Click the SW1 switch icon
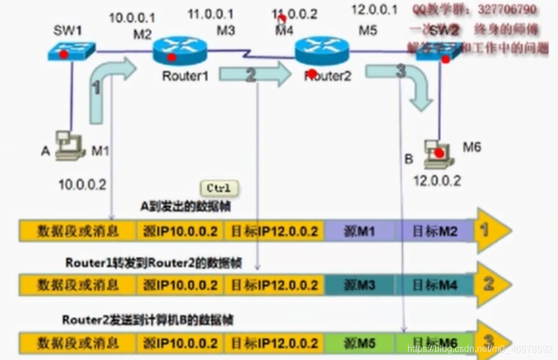71,52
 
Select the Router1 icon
180,51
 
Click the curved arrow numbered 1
108,88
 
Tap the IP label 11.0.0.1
210,13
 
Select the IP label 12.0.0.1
374,10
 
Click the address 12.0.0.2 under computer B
437,181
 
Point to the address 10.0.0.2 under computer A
82,185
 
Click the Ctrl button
219,188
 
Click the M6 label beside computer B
472,148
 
